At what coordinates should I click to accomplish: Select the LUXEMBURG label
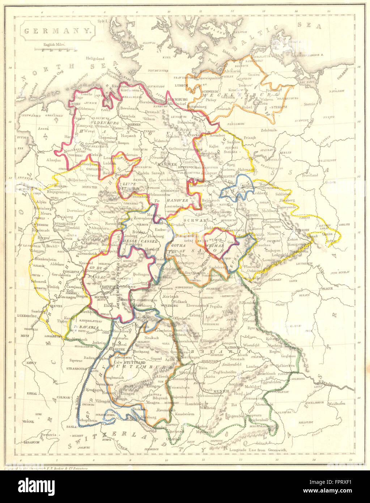pos(27,316)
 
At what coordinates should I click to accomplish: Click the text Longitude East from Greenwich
pos(258,449)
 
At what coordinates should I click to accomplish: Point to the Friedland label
pos(309,175)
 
